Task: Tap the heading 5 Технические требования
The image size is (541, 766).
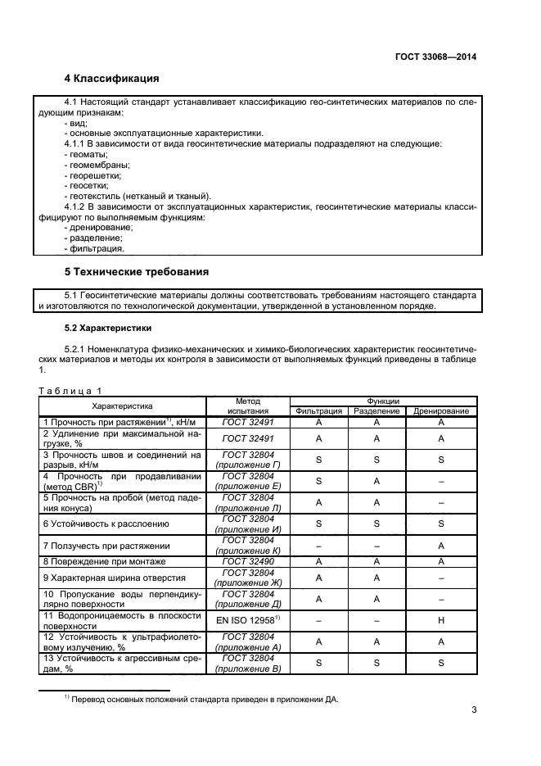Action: tap(137, 271)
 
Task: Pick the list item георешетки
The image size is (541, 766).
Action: tap(92, 175)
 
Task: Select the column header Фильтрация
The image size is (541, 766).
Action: tap(318, 411)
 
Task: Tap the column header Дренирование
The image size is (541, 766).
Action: tap(441, 411)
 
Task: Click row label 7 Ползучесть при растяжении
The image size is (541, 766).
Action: tap(106, 545)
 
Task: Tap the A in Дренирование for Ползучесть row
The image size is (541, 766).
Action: tap(441, 545)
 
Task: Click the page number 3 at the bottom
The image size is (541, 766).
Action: tap(474, 709)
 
